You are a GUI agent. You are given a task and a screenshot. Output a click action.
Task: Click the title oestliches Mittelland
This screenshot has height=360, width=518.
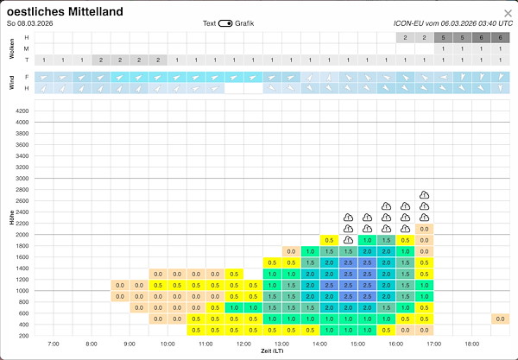click(65, 11)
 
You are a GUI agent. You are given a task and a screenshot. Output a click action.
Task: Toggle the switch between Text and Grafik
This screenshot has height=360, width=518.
click(226, 23)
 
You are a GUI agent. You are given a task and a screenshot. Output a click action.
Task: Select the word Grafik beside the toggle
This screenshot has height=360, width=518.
click(246, 23)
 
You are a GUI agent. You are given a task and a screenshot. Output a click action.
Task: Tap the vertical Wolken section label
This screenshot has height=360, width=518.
click(11, 49)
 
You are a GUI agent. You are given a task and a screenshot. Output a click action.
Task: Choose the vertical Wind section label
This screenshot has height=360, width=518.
click(11, 82)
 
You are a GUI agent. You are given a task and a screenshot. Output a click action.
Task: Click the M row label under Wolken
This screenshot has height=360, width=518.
click(26, 49)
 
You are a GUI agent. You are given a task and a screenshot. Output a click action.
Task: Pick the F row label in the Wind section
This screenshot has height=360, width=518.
click(26, 77)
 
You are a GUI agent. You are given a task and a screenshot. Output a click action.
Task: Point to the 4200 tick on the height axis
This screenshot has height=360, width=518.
click(22, 111)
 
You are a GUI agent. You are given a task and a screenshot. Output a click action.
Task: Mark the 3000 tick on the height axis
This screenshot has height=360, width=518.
click(22, 179)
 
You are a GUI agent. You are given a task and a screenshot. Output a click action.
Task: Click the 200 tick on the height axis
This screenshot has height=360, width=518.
click(23, 335)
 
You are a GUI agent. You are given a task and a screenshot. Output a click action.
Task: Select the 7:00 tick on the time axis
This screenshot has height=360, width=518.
click(53, 344)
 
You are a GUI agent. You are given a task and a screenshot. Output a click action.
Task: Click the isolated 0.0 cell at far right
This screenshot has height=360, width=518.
click(500, 319)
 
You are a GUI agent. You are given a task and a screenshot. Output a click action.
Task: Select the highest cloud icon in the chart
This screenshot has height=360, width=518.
click(424, 195)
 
